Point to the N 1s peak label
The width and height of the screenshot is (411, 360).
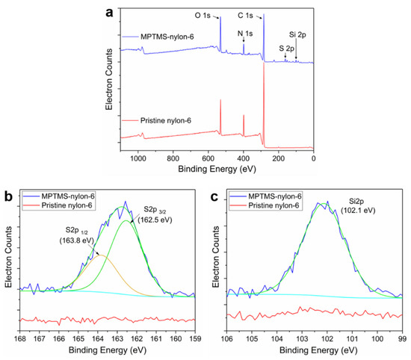(244, 34)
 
